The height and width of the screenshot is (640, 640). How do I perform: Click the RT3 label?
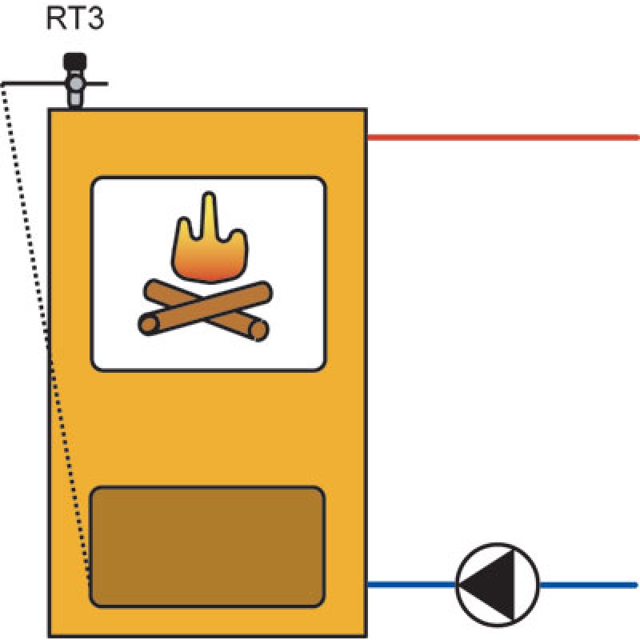coord(75,18)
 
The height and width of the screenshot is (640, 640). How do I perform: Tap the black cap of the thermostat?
coord(74,62)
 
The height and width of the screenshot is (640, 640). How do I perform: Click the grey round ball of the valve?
coord(75,84)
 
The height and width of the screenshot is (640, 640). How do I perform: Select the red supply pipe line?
coord(503,138)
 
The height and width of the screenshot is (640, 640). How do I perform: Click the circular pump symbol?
coord(497,585)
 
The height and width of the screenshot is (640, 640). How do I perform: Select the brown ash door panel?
coord(207,546)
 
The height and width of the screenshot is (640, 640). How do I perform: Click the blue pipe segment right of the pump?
coord(588,585)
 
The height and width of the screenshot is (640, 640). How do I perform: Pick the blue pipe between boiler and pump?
coord(411,585)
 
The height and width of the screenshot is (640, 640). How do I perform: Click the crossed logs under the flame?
coord(206,310)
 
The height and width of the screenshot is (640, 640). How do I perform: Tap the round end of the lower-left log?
coord(149,325)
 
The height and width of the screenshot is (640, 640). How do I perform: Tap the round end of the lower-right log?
coord(258,330)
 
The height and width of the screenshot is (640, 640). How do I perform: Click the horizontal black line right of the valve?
coord(95,84)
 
